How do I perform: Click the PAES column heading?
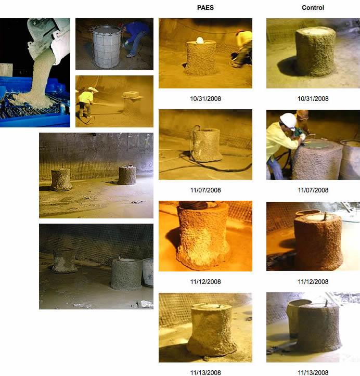pos(205,8)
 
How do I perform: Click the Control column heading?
pos(313,8)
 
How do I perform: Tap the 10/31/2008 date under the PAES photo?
pos(205,99)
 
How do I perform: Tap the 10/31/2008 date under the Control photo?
pos(313,99)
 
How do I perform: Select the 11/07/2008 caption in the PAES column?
pos(205,190)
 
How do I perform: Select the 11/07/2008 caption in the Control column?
pos(313,190)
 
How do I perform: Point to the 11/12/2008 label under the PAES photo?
pos(205,282)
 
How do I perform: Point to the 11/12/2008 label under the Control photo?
pos(313,282)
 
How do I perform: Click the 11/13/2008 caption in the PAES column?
pos(205,372)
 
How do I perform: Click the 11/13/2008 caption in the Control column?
pos(313,372)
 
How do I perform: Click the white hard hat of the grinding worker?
pos(288,121)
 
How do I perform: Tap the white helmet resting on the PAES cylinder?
pos(200,40)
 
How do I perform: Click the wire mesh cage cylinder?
pos(107,44)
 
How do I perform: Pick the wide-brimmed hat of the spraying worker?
pos(93,89)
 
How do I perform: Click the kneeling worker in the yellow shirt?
pos(242,47)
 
